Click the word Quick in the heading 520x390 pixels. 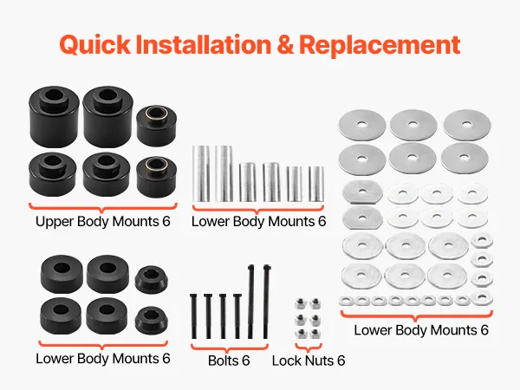(95, 44)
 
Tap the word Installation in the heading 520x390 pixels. (204, 44)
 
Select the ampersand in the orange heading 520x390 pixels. (285, 44)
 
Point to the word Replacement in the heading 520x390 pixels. (380, 45)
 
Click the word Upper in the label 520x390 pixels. (55, 222)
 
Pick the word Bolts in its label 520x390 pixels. (223, 361)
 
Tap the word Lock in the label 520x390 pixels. (286, 361)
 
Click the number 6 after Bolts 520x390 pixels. (245, 361)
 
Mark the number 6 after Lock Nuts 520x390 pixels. (341, 361)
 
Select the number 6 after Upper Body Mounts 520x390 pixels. (166, 222)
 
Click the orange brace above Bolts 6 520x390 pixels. (229, 348)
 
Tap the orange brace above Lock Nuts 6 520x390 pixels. (308, 348)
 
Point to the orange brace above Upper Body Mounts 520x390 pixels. (103, 207)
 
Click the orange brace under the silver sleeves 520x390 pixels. (257, 209)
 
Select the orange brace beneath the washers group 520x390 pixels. (417, 315)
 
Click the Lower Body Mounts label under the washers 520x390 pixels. (421, 330)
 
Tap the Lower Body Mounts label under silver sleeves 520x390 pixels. (258, 222)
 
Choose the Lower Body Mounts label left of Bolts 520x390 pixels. (103, 359)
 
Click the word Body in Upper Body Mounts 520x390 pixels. (93, 222)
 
